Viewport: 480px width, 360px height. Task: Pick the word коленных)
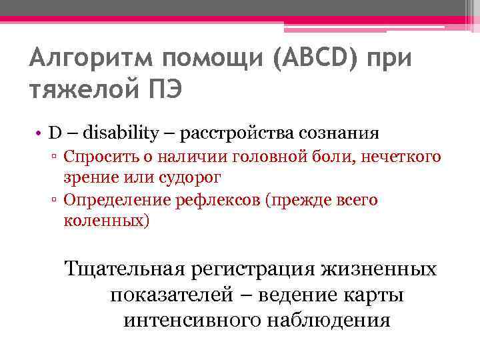coord(106,221)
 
